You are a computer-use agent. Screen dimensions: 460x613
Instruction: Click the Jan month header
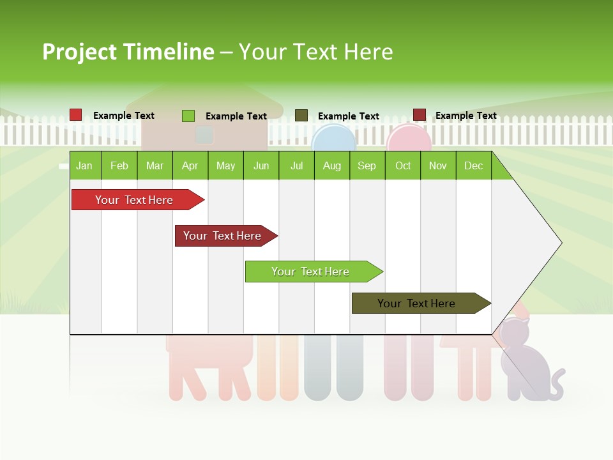(x=85, y=165)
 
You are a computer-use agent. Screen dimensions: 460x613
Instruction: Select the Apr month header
(x=190, y=165)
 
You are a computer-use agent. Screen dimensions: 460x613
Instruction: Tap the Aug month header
(x=331, y=165)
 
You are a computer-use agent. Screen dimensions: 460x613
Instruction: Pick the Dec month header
(x=473, y=165)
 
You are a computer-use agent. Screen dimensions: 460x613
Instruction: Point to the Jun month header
(x=261, y=165)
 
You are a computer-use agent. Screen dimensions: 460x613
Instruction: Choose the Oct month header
(x=403, y=165)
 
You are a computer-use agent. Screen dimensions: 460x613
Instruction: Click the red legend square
(x=75, y=115)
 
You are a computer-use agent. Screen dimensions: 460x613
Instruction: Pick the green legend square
(x=188, y=116)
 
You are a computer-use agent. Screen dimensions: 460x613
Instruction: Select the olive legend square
(x=301, y=116)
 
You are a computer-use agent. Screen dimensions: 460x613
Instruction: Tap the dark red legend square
(x=420, y=115)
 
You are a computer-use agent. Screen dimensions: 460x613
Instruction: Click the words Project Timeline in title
(x=128, y=52)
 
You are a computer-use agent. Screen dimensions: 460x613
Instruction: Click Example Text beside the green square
(x=236, y=116)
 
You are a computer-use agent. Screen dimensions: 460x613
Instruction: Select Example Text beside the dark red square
(x=465, y=116)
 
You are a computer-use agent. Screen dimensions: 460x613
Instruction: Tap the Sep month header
(x=367, y=165)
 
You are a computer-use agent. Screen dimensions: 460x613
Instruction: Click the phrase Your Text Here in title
(x=315, y=52)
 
